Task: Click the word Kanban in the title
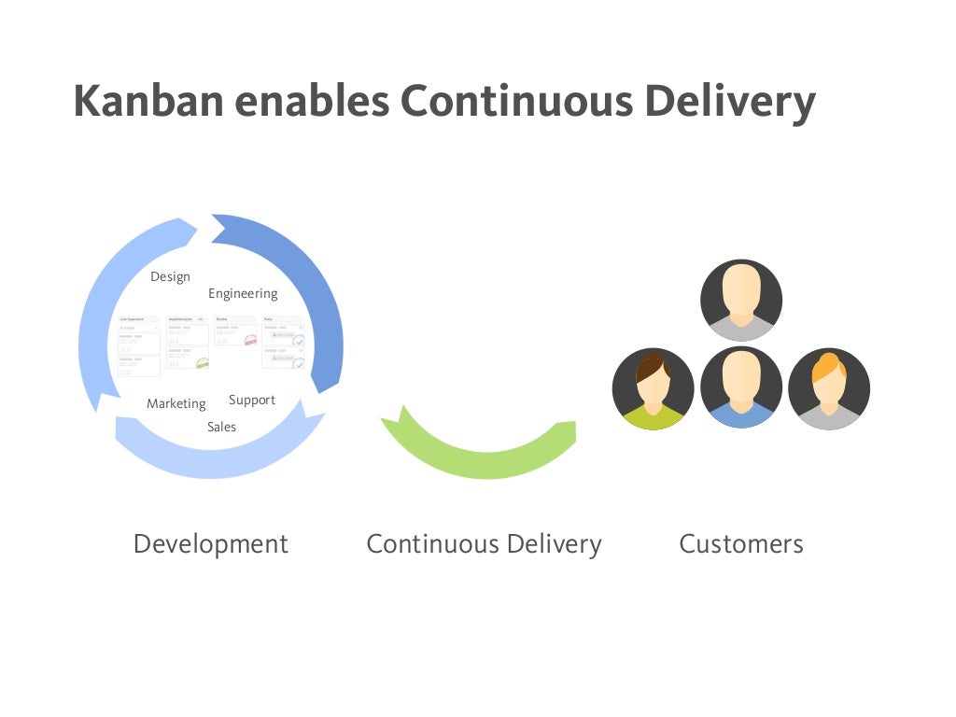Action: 149,100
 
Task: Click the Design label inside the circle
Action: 170,276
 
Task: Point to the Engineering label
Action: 243,293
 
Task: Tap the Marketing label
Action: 176,403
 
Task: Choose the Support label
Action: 252,400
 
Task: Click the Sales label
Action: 221,427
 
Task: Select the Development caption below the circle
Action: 211,543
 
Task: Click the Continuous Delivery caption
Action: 484,543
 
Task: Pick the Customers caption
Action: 740,543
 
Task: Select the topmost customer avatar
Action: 741,300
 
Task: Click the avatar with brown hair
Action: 653,388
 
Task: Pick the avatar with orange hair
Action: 829,388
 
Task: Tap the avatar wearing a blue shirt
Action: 741,388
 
